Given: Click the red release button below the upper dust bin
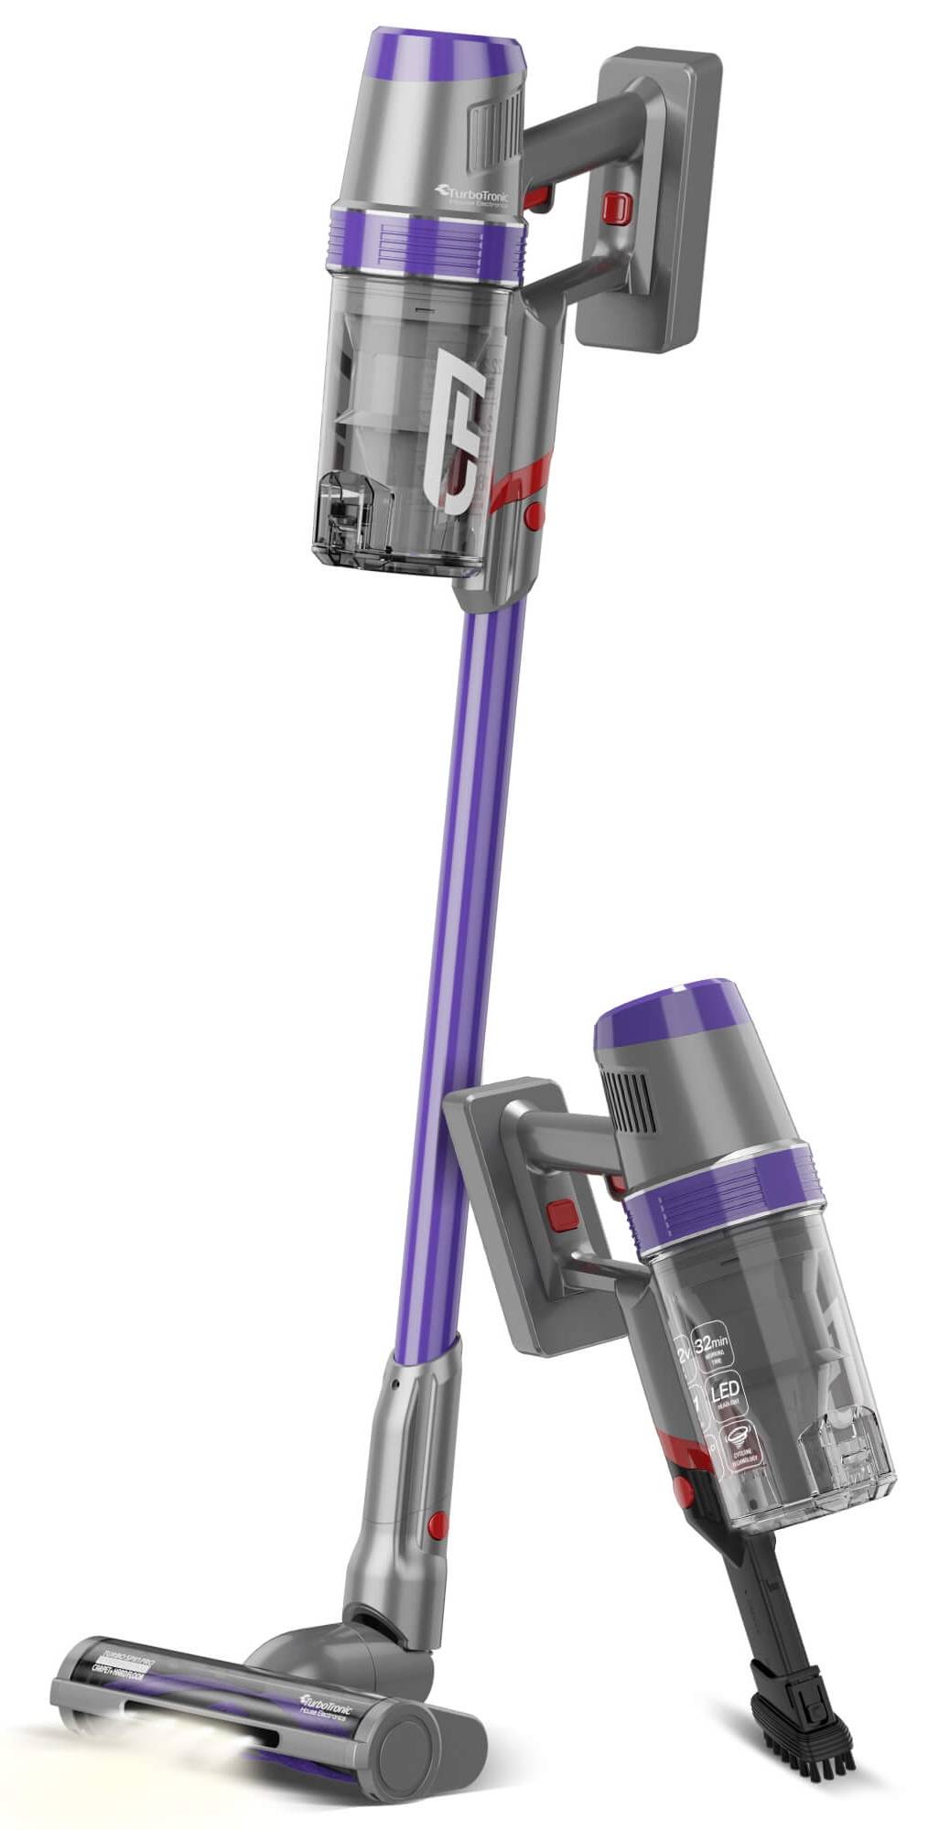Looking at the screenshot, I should point(534,515).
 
